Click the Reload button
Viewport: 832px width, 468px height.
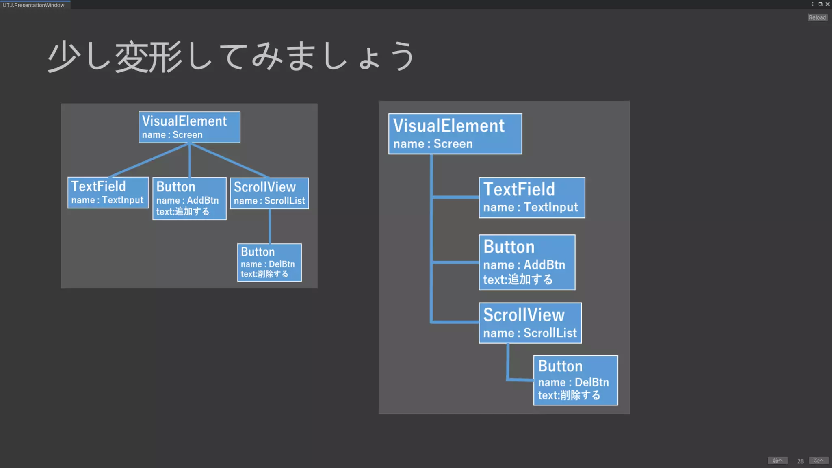coord(817,17)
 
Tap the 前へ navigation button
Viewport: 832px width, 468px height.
coord(778,460)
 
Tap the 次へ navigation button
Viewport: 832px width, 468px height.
coord(819,460)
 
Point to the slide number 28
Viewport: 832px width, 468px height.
coord(800,461)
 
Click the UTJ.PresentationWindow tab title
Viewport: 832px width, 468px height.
coord(33,5)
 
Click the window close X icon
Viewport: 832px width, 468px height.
coord(828,4)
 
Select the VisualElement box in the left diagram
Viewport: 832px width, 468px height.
coord(189,127)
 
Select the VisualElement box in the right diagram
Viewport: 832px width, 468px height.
coord(455,134)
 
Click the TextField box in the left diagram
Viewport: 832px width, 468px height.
coord(108,193)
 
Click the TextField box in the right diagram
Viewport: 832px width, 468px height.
coord(532,198)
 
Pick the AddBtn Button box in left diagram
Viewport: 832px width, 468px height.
coord(189,199)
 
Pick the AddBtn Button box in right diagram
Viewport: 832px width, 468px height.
coord(527,262)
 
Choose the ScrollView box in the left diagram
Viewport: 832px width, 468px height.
coord(269,193)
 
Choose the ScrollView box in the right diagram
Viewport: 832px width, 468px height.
coord(530,323)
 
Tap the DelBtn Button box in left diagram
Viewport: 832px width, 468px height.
coord(269,262)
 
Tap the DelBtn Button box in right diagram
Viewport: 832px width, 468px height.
coord(576,380)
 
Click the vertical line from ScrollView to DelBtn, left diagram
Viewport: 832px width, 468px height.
coord(270,226)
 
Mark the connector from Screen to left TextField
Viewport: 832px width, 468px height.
coord(149,160)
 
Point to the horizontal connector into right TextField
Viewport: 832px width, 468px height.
coord(455,197)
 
